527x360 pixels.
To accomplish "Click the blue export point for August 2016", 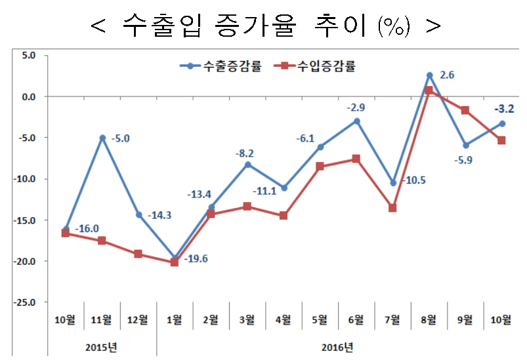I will (x=429, y=75).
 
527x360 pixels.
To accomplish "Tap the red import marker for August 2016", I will (x=429, y=90).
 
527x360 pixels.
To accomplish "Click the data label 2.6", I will (x=447, y=75).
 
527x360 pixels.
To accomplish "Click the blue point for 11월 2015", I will (x=102, y=138).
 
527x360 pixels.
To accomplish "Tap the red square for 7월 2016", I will (x=392, y=208).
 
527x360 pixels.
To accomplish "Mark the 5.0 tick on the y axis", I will (x=28, y=55).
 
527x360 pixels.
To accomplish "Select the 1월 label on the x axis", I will (x=175, y=320).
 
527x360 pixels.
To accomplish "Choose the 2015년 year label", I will (x=102, y=346).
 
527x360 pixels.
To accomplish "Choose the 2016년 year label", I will (x=339, y=346).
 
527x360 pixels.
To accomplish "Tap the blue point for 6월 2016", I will (x=356, y=121).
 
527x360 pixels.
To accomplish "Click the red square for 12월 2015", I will (x=138, y=254).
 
